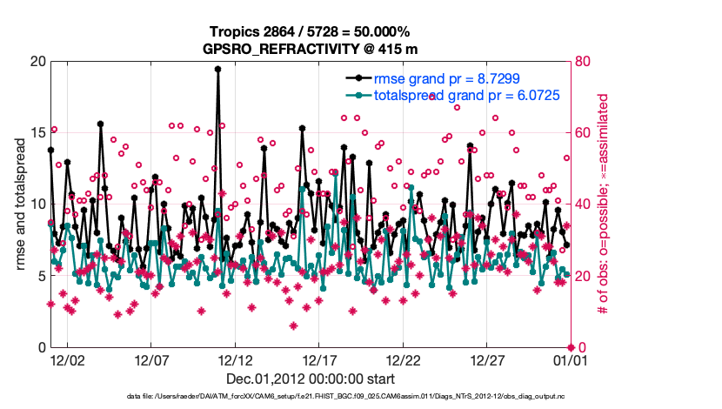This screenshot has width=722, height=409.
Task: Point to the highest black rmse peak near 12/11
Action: point(217,69)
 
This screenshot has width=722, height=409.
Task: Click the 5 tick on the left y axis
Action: point(39,277)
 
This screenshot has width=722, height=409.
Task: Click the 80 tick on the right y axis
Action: point(581,62)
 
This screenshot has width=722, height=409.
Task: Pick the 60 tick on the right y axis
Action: point(581,133)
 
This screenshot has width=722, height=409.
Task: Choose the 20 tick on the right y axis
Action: point(581,277)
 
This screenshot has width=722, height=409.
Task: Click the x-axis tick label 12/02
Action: point(68,359)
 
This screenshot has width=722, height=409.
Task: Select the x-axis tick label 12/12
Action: point(235,359)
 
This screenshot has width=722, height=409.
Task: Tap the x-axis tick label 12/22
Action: point(403,359)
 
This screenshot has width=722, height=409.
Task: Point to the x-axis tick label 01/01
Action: point(570,359)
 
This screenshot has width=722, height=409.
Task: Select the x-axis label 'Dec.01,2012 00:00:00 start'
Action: point(310,379)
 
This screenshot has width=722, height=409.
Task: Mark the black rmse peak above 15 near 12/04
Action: point(101,124)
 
